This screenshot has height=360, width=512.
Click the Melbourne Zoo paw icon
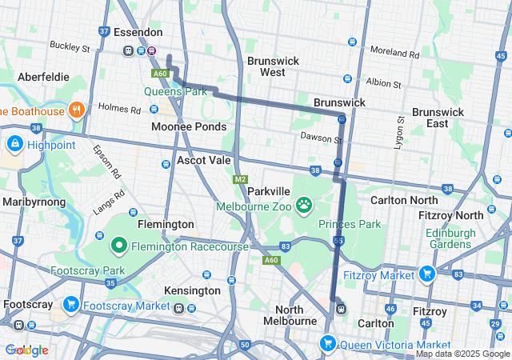click(x=305, y=206)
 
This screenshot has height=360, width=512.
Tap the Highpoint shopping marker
click(x=14, y=143)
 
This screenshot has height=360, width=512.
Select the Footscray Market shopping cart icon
click(x=71, y=305)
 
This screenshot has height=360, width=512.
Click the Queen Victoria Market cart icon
click(x=327, y=344)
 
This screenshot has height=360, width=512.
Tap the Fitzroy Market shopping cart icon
click(x=426, y=274)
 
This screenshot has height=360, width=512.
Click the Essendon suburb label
click(x=138, y=33)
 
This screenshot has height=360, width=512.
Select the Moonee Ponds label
click(x=189, y=127)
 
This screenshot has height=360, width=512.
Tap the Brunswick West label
click(x=273, y=66)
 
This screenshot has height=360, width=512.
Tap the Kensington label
click(x=192, y=290)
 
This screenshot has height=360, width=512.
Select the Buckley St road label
click(x=70, y=47)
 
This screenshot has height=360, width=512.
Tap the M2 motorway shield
click(x=240, y=179)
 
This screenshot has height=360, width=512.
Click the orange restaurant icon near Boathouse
click(x=78, y=110)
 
